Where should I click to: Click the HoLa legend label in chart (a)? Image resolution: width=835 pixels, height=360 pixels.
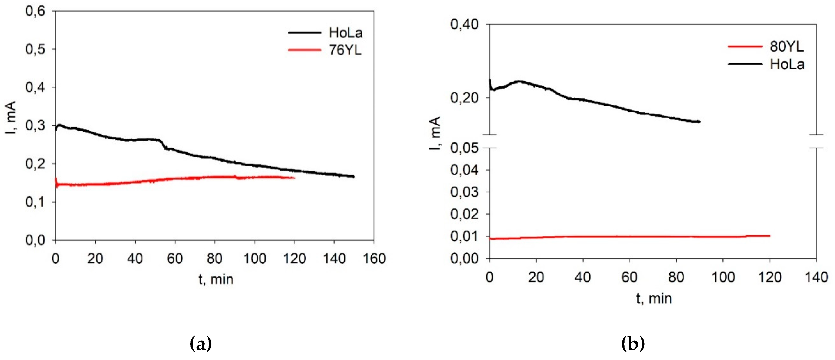(x=346, y=33)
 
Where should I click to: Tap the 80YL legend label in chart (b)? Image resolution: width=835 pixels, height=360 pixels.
(x=787, y=47)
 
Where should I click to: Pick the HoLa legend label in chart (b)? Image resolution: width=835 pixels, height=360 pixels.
(x=787, y=64)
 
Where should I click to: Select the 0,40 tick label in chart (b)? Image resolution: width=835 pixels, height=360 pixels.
(x=464, y=25)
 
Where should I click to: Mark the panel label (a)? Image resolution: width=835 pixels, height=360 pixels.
(x=201, y=344)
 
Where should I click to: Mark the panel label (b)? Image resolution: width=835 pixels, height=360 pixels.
(x=633, y=344)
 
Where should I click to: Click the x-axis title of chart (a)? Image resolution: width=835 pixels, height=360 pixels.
(x=216, y=279)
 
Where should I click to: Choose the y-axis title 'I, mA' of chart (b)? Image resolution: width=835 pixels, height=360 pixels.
(x=435, y=133)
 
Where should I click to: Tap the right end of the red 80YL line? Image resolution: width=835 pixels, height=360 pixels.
(x=769, y=236)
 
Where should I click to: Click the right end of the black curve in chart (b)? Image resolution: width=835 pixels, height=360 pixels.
(x=699, y=122)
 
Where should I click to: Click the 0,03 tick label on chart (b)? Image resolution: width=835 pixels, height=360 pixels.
(x=464, y=192)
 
